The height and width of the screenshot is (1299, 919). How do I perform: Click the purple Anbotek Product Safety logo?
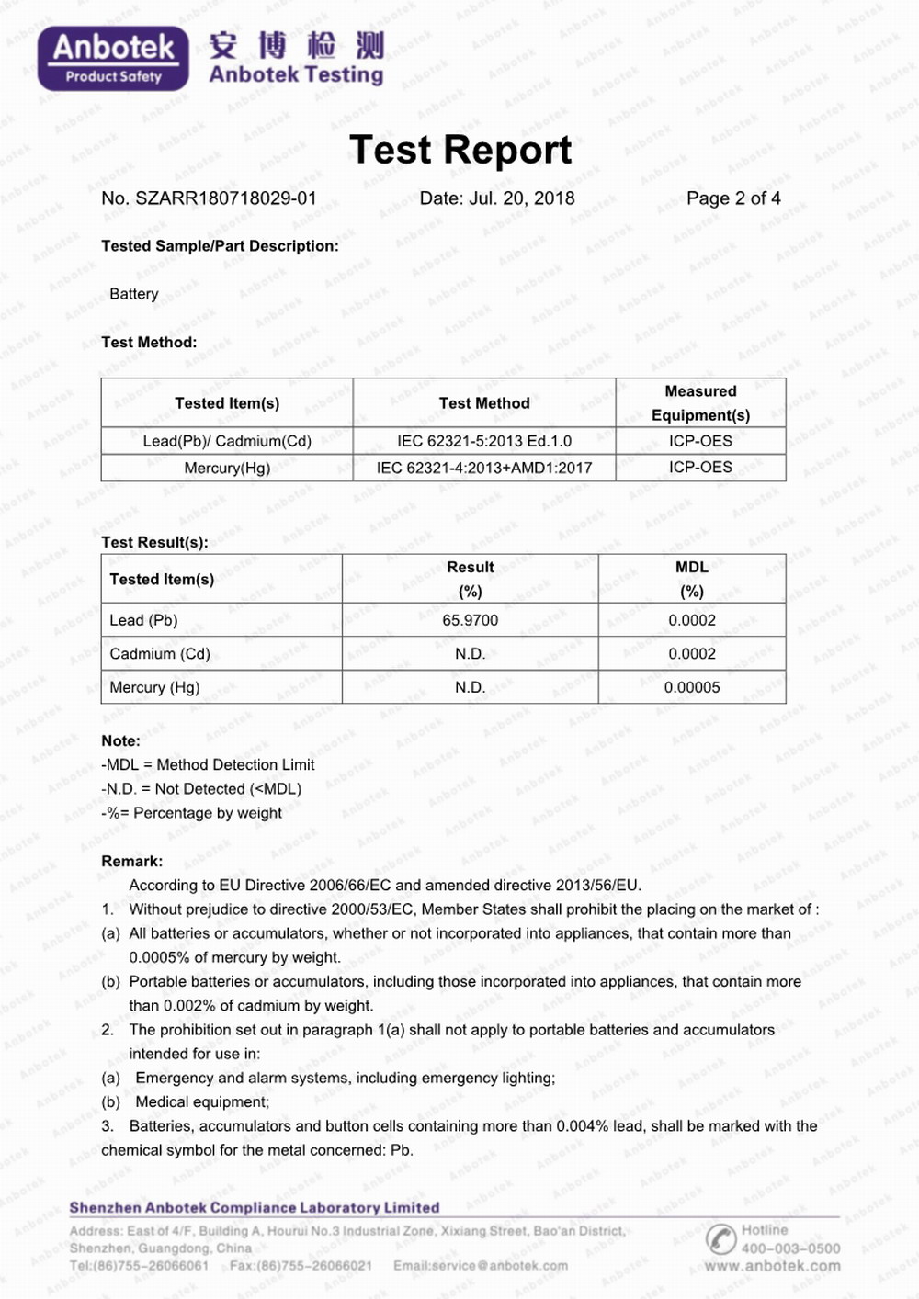point(113,58)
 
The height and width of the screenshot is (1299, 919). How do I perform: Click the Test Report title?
point(460,150)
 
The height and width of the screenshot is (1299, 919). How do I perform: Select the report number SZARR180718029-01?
point(225,198)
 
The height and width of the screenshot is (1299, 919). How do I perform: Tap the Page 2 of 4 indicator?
point(733,198)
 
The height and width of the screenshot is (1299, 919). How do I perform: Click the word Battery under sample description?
point(134,294)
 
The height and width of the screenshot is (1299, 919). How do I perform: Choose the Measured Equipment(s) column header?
point(700,403)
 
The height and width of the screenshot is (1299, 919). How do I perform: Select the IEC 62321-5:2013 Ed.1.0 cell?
point(484,441)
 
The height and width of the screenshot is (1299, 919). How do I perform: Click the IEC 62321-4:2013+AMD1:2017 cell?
point(484,468)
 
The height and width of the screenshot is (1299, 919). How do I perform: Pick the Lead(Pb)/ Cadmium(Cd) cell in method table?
point(227,441)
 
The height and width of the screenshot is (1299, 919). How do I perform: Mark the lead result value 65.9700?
point(470,620)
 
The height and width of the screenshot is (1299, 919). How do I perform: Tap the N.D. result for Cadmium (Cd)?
point(470,654)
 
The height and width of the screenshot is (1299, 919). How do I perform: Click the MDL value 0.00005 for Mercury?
point(692,687)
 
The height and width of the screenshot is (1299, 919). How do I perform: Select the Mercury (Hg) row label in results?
point(154,687)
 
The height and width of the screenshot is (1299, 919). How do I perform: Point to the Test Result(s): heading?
point(154,542)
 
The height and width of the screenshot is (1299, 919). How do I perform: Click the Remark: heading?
point(132,861)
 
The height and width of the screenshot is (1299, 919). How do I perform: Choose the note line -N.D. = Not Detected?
point(201,789)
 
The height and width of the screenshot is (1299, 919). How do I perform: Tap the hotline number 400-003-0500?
point(790,1248)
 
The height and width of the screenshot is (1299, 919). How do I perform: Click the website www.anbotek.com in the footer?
point(772,1266)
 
